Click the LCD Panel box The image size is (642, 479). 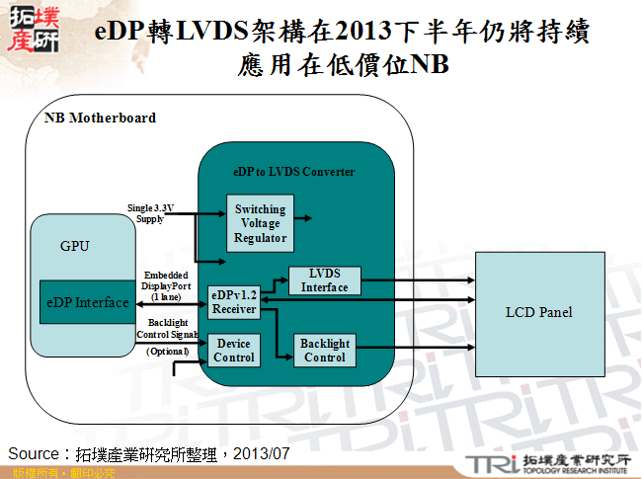click(x=538, y=312)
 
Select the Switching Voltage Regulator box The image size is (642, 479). click(x=260, y=223)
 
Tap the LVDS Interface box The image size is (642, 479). click(x=324, y=280)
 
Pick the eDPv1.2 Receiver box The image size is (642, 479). click(x=234, y=302)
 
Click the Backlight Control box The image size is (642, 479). click(x=324, y=351)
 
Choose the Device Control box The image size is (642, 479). click(x=234, y=351)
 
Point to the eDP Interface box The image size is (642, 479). click(x=86, y=302)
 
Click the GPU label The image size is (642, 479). click(x=75, y=246)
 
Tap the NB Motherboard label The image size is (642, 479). click(x=101, y=118)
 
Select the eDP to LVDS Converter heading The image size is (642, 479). click(x=293, y=171)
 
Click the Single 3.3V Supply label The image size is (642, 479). click(x=151, y=213)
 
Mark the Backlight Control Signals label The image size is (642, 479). click(x=167, y=329)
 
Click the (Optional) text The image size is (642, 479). click(x=167, y=352)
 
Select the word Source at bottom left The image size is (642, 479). click(x=34, y=453)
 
